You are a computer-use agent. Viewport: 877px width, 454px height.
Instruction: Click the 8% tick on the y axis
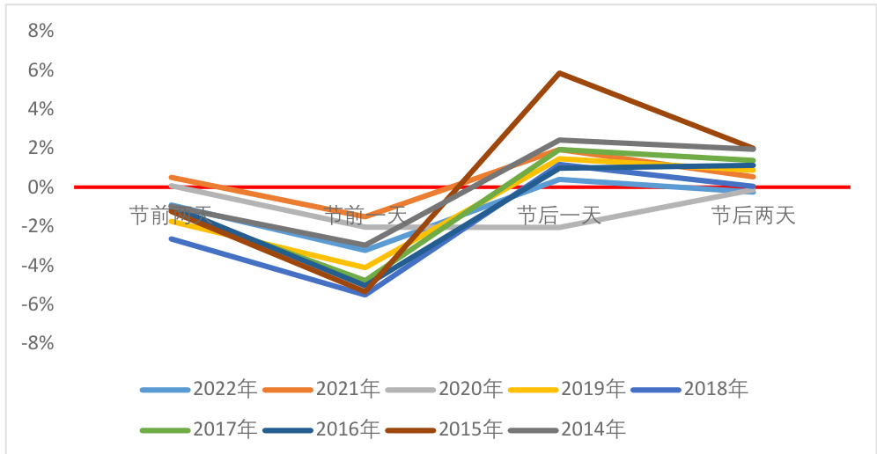click(41, 31)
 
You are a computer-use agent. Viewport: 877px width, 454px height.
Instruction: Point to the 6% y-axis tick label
click(41, 70)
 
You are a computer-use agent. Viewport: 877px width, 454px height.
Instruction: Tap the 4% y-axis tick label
click(41, 109)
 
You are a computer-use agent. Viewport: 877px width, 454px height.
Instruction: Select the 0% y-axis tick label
click(41, 187)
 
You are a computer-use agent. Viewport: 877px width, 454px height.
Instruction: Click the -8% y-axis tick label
click(37, 343)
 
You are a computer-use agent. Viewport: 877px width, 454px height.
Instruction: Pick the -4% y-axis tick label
click(37, 265)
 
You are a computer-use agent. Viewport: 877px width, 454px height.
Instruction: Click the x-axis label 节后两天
click(754, 216)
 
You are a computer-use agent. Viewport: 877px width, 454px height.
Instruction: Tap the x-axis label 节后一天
click(559, 216)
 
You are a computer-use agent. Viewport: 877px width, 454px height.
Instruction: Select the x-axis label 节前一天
click(365, 214)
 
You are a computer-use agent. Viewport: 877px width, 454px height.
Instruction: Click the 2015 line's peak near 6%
click(559, 73)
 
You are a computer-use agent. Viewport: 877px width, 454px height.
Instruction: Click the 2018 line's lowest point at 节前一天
click(365, 294)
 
